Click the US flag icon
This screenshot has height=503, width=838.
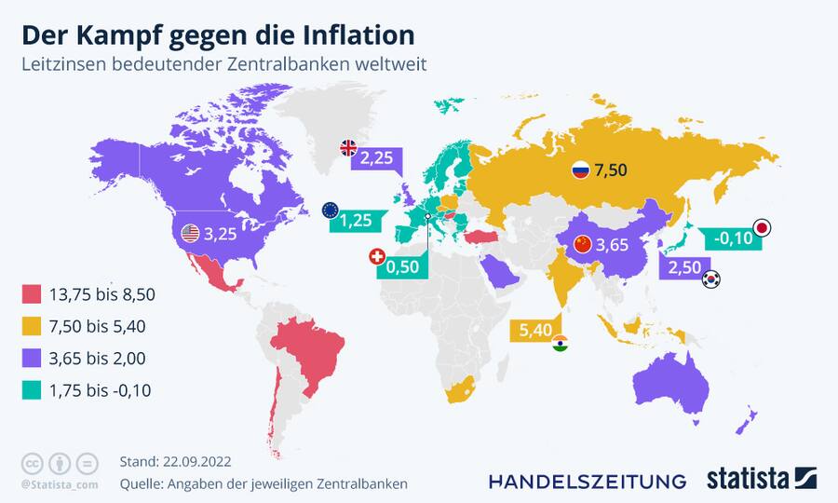point(191,233)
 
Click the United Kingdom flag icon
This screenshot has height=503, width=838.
point(348,147)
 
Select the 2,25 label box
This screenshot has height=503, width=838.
point(377,157)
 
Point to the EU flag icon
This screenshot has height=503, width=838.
point(330,210)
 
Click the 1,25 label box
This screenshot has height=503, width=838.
point(356,221)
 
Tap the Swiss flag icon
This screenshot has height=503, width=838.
point(377,256)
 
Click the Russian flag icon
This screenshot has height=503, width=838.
point(580,170)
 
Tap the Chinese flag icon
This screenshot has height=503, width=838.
point(583,245)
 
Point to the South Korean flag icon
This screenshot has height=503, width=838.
point(711,279)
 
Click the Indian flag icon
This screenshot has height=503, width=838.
point(560,345)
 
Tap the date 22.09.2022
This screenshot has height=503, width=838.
point(196,462)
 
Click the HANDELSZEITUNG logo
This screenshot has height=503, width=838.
point(588,481)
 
